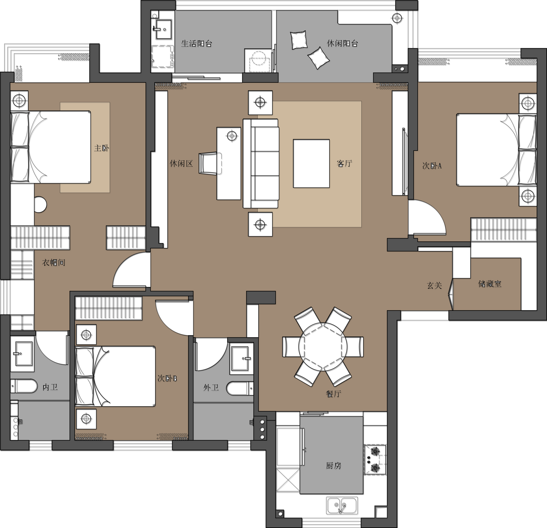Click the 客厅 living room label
(x=344, y=163)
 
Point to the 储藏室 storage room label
(x=490, y=284)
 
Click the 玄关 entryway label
(x=434, y=285)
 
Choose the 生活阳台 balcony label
(x=197, y=43)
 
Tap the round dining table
(x=323, y=347)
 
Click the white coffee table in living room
(x=311, y=163)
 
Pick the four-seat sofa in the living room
(x=261, y=163)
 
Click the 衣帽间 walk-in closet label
(x=54, y=262)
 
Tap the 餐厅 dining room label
(x=334, y=394)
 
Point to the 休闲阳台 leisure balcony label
(x=342, y=43)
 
